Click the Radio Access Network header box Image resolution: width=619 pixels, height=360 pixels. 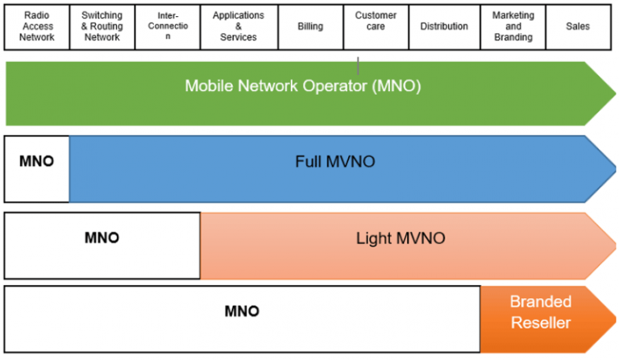click(36, 27)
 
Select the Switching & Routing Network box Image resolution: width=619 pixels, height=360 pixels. click(102, 27)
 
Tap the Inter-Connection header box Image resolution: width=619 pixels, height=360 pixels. click(168, 27)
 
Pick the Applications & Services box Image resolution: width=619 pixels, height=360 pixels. click(238, 27)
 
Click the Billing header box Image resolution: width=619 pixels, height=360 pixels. click(309, 27)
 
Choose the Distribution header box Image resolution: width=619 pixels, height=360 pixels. click(443, 27)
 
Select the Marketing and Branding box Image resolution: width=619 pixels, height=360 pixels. click(513, 27)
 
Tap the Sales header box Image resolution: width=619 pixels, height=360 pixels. click(577, 27)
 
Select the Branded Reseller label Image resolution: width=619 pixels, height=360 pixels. click(540, 312)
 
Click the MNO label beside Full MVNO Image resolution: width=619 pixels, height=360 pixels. click(36, 161)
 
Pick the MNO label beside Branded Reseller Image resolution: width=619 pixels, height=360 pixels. click(241, 311)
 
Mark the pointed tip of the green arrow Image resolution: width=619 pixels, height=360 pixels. click(615, 93)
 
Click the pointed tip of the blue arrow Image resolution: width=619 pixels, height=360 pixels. click(615, 168)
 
